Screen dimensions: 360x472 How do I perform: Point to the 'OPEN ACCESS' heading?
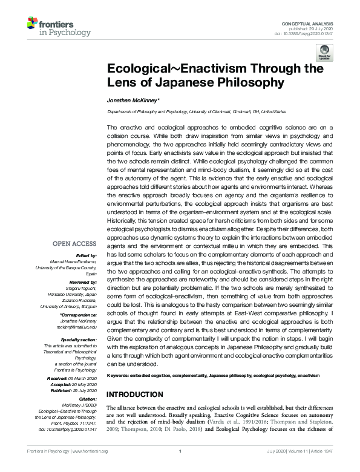(74, 244)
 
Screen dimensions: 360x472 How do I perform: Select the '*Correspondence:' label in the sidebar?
(78, 316)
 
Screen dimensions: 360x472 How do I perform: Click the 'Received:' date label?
(62, 378)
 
